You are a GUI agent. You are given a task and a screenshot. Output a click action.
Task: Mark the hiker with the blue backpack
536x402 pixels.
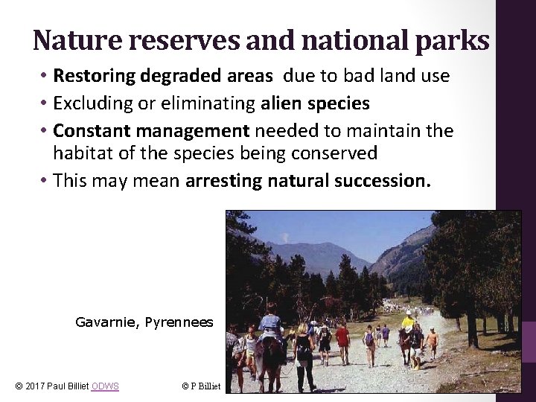point(369,339)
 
